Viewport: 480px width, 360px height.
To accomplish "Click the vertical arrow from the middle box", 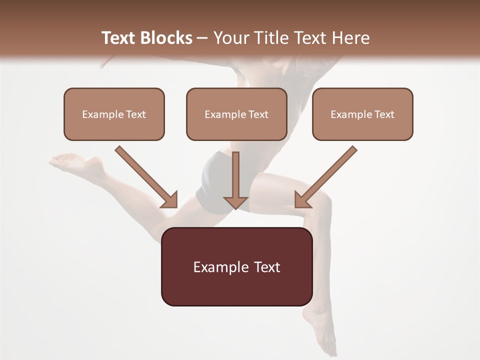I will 235,175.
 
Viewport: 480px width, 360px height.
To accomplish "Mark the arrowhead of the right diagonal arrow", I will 303,199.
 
